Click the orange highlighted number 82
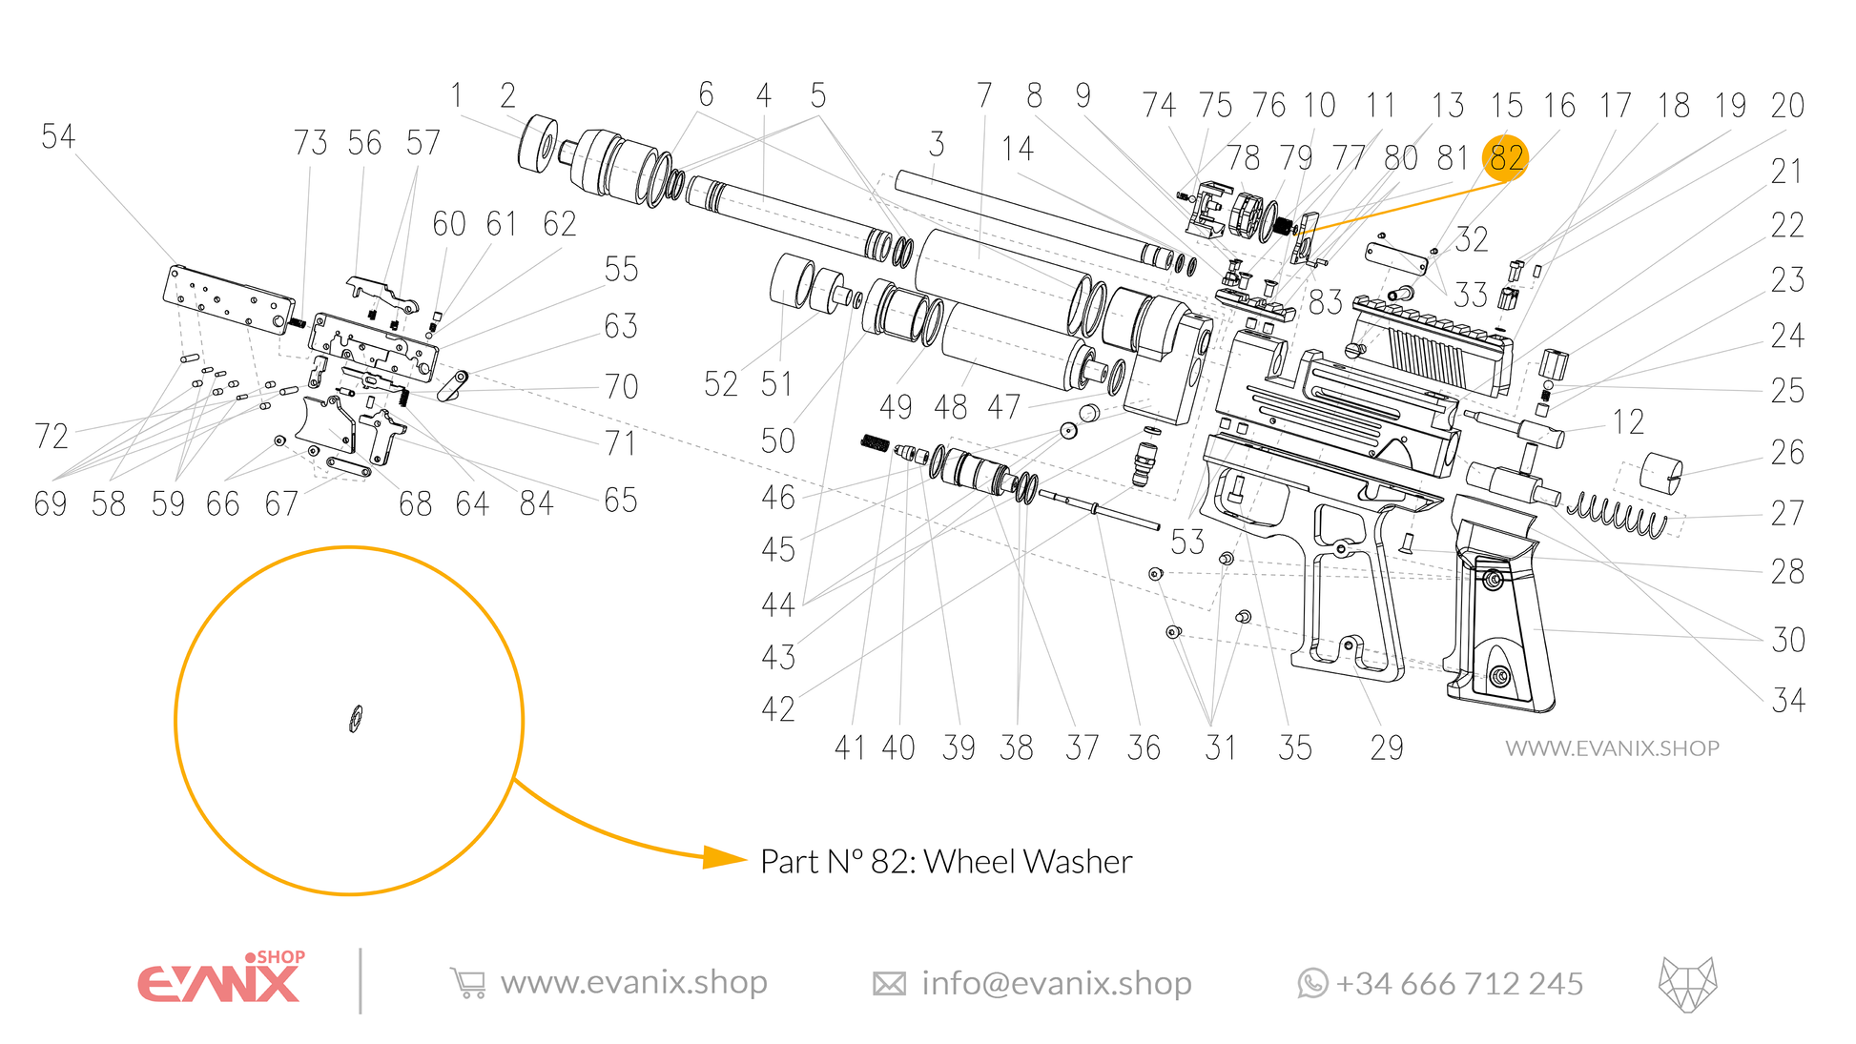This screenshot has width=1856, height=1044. coord(1505,158)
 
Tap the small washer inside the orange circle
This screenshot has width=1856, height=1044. coord(356,719)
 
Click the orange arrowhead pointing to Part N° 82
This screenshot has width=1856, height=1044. coord(724,858)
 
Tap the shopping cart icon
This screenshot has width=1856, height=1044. coord(468,983)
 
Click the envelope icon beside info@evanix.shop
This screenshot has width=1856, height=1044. coord(889,983)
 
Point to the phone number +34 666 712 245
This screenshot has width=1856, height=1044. coord(1459,983)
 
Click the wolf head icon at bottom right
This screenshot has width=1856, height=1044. coord(1687,983)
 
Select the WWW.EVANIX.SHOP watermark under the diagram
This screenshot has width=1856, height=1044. coord(1612,748)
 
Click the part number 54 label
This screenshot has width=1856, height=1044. coord(57,137)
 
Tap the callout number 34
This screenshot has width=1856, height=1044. coord(1788,701)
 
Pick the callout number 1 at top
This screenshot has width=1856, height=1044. coord(457,95)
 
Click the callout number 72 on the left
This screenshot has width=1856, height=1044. coord(52,437)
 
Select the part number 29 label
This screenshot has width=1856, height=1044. coord(1386,747)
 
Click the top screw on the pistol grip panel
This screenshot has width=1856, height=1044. coord(1494,579)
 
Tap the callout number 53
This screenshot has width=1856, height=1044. coord(1187,542)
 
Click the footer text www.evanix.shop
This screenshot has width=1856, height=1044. coord(633,982)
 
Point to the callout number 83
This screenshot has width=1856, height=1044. coord(1325,302)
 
